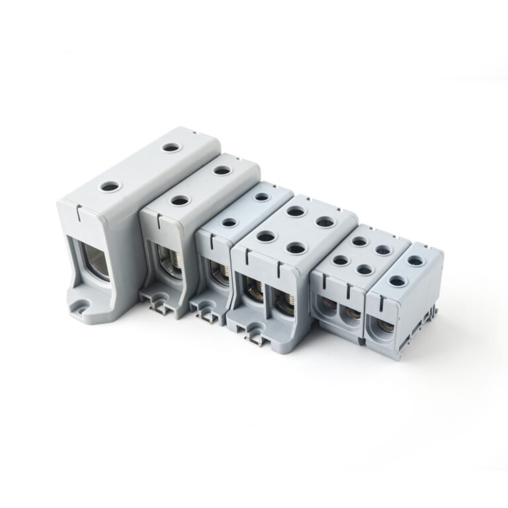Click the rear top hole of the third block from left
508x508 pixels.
click(x=262, y=196)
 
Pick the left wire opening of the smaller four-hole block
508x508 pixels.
click(x=327, y=308)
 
